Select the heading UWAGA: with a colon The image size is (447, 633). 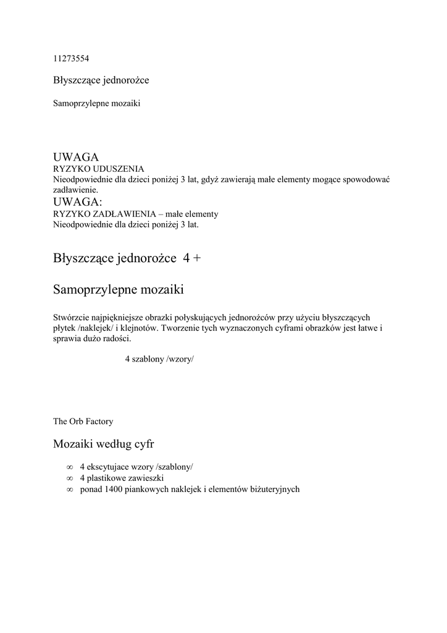(x=78, y=202)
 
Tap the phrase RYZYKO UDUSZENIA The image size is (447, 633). (x=99, y=168)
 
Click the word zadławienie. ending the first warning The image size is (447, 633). (x=76, y=190)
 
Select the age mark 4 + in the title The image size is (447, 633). (x=192, y=258)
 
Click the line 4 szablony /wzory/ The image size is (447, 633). (x=159, y=359)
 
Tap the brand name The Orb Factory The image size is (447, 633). (x=83, y=422)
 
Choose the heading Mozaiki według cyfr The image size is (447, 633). (x=104, y=444)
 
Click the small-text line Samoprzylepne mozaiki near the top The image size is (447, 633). (x=97, y=103)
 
